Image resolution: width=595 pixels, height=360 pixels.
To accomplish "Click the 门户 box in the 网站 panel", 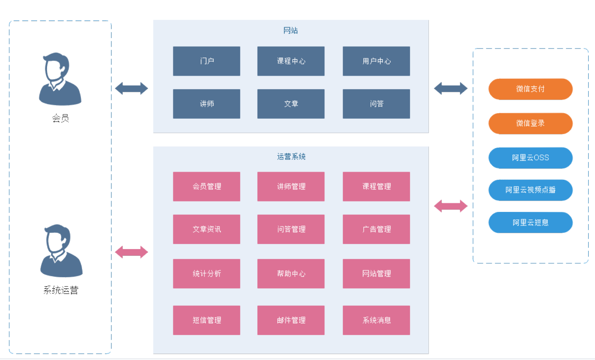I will [206, 61].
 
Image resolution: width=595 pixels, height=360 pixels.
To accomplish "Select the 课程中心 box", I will [291, 61].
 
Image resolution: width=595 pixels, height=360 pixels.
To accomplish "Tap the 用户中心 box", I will [376, 61].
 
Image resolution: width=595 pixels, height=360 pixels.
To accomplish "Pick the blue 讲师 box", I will [206, 104].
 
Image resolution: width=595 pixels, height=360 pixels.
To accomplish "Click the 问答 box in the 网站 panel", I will [376, 104].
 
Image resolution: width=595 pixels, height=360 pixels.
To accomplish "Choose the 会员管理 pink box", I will [206, 186].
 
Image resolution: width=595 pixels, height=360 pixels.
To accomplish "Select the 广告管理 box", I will [376, 229].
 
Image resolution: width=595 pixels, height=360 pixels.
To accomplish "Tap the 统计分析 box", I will [206, 274].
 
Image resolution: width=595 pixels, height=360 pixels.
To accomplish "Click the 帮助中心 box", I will [291, 274].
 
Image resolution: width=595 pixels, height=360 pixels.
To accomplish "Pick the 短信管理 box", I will [206, 320].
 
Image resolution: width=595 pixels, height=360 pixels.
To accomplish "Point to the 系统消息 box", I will [376, 320].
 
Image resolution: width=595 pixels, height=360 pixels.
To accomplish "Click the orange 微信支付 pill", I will [530, 89].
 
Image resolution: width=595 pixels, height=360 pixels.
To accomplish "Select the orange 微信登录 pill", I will [530, 123].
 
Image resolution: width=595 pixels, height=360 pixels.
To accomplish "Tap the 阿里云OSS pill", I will [530, 158].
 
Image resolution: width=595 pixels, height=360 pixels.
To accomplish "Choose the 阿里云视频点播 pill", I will [530, 190].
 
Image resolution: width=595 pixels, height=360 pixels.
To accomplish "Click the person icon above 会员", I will [60, 79].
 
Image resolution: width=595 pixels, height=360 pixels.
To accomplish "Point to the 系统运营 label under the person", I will [61, 290].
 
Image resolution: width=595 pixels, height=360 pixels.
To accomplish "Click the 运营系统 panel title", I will [291, 157].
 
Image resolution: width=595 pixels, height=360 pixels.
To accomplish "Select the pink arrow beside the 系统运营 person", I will [131, 252].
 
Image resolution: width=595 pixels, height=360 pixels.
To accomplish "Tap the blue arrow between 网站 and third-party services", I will [451, 88].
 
